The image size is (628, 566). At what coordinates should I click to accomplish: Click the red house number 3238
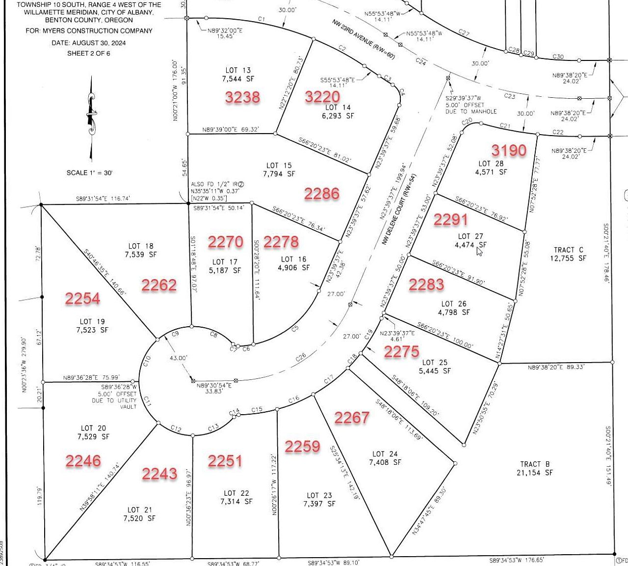click(242, 97)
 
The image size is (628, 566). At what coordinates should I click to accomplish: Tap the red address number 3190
click(509, 150)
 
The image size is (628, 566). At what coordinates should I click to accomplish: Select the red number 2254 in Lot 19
click(82, 298)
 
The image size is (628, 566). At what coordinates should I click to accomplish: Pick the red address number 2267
click(351, 417)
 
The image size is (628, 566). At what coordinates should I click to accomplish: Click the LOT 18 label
click(141, 246)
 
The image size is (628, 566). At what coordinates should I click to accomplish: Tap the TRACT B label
click(534, 464)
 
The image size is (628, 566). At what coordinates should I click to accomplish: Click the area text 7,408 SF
click(385, 462)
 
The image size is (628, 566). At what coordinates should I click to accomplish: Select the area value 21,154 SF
click(534, 473)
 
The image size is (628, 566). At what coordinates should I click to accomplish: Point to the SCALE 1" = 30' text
click(89, 173)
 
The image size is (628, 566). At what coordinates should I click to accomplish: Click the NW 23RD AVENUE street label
click(363, 40)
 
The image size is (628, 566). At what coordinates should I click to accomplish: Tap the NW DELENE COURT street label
click(398, 210)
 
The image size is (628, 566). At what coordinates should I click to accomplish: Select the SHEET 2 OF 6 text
click(89, 53)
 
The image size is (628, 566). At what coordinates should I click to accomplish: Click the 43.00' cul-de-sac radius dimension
click(178, 358)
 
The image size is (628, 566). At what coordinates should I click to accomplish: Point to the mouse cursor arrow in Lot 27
click(479, 251)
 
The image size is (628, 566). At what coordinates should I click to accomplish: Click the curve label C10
click(146, 362)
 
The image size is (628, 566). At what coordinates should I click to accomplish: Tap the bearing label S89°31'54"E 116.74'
click(103, 199)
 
